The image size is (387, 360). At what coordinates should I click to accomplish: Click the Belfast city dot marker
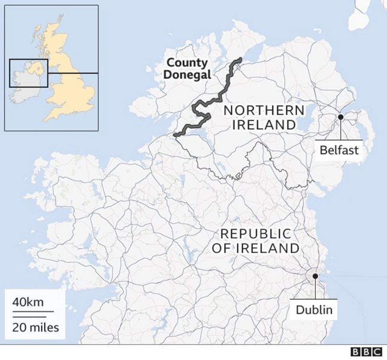click(340, 117)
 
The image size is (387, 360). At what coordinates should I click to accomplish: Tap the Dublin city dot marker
click(315, 276)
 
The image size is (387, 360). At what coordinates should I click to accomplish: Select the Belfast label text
click(339, 150)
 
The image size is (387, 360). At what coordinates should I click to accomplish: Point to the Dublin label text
click(314, 309)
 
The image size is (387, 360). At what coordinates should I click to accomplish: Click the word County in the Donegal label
click(187, 63)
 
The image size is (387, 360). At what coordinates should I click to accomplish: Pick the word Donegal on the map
click(188, 74)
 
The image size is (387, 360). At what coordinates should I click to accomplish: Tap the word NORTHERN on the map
click(264, 110)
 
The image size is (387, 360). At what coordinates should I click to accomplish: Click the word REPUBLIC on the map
click(256, 234)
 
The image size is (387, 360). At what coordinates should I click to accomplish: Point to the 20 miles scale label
click(35, 327)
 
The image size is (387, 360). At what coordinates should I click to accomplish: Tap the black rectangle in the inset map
click(29, 73)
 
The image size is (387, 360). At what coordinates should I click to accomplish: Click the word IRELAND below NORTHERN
click(264, 125)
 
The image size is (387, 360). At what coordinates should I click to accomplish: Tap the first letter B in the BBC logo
click(355, 352)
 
